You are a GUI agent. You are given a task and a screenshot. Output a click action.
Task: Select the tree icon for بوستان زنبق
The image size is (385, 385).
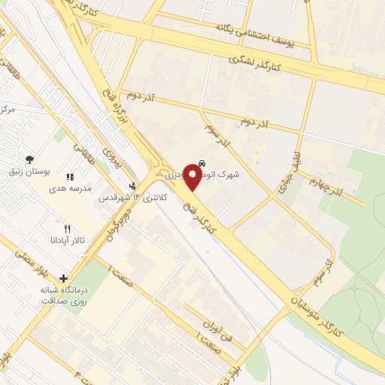pyautogui.click(x=29, y=159)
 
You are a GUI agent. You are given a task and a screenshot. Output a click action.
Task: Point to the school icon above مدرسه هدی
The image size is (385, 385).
pyautogui.click(x=70, y=177)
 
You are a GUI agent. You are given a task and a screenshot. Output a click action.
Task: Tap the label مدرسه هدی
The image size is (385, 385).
pyautogui.click(x=73, y=189)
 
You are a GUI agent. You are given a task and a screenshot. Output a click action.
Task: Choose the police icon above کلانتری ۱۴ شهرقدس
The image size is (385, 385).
pyautogui.click(x=133, y=185)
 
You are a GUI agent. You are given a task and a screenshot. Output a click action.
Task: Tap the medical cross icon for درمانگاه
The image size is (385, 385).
pyautogui.click(x=63, y=277)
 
